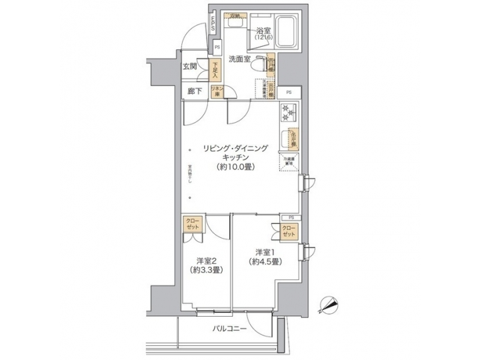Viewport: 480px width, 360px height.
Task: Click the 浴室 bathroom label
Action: click(x=262, y=30)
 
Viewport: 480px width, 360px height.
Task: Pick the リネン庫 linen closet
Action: click(x=217, y=91)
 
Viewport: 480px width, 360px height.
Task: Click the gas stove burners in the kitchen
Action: click(x=288, y=113)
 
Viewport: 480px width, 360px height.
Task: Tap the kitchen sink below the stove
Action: click(x=291, y=137)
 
